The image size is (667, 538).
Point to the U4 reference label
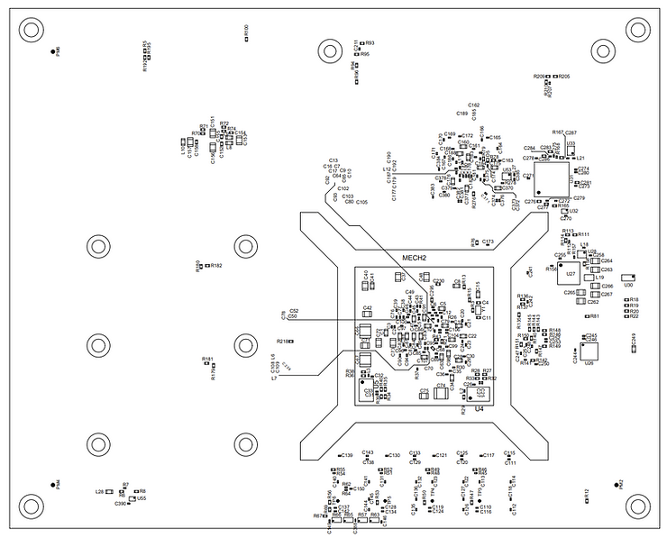[480, 408]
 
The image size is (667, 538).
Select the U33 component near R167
[570, 146]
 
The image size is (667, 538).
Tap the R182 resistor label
[216, 266]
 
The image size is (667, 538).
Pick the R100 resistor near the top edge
[245, 33]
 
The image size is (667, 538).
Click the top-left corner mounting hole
[31, 30]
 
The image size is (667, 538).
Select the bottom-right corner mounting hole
[636, 507]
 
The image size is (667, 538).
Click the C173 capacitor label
[488, 242]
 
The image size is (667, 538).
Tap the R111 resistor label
[583, 234]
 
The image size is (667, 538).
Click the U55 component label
[142, 497]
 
